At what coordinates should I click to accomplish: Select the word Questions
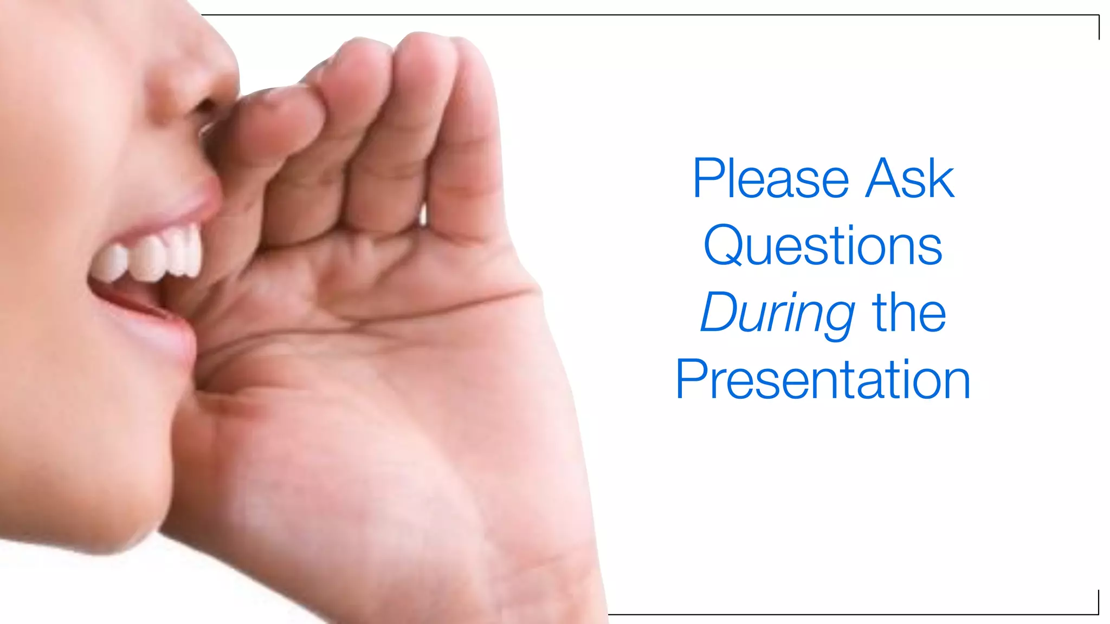coord(823,247)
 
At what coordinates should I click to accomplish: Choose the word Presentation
coord(823,380)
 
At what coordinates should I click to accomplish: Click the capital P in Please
coord(707,179)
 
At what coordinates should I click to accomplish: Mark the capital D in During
coord(719,313)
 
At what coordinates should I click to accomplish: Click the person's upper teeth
coord(152,257)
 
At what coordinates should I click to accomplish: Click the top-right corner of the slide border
coord(1099,16)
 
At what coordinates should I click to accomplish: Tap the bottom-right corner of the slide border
coord(1098,614)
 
